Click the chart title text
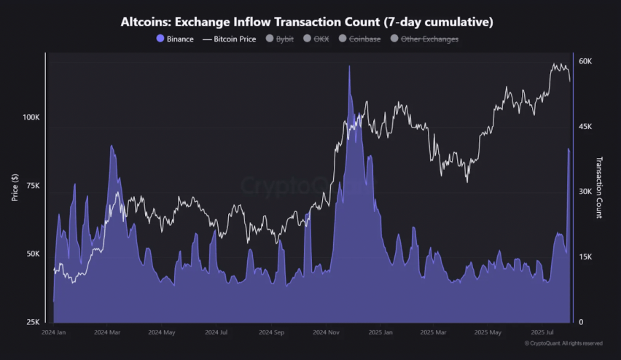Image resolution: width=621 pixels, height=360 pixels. pos(307,22)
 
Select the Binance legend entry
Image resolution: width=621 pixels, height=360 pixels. pos(175,39)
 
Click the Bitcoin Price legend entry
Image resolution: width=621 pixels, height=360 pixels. pos(229,39)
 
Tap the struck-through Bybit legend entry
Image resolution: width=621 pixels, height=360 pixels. pos(280,39)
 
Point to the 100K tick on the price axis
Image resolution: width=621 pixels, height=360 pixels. pos(31,117)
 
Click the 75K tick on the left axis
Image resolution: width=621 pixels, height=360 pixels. pos(33,186)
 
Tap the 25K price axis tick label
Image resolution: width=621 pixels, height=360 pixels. pos(33,322)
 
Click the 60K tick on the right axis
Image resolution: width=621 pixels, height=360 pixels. pos(585,61)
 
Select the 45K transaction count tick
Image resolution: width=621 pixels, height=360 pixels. pos(585,127)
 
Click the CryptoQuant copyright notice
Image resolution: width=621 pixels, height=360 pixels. pos(563,343)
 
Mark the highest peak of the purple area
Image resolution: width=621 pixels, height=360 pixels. pos(349,66)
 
